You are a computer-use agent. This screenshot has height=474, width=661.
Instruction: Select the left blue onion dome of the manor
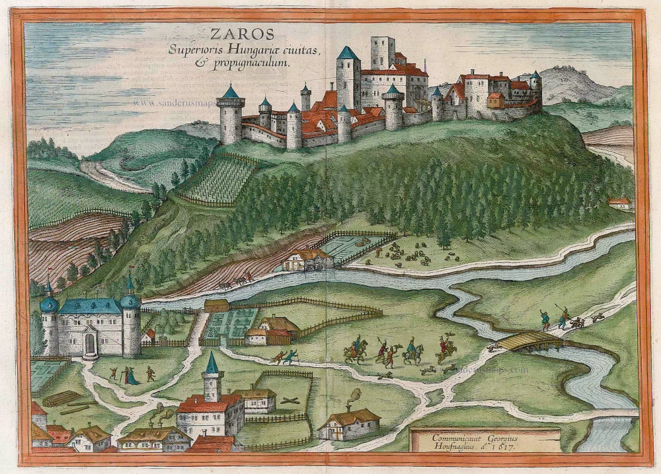[49, 304]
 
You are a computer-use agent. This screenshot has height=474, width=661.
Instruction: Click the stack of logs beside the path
[62, 399]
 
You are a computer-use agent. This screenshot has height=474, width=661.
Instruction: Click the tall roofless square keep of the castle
[382, 53]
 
